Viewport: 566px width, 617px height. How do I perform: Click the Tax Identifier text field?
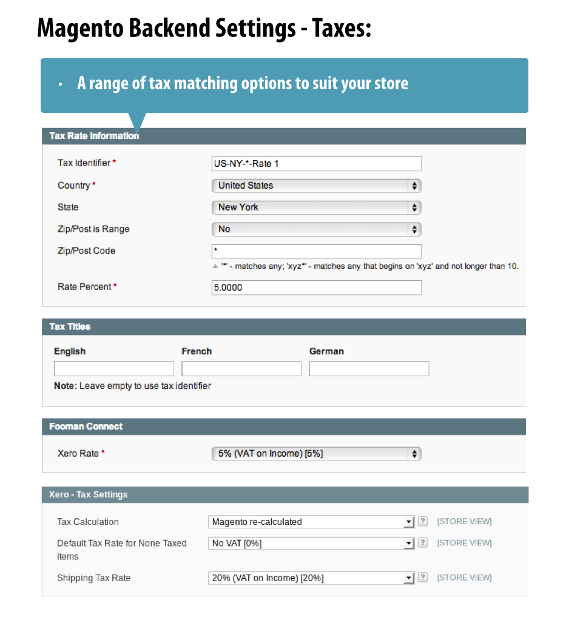click(x=316, y=164)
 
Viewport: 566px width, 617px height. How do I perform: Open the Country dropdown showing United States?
click(x=316, y=186)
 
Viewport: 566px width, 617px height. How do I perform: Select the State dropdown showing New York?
click(x=316, y=207)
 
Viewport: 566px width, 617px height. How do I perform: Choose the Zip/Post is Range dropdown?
click(x=316, y=229)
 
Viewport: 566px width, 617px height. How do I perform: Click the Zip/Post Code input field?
click(x=316, y=251)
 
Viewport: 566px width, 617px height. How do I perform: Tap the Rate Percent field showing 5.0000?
click(x=316, y=288)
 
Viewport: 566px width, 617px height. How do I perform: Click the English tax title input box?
click(x=113, y=369)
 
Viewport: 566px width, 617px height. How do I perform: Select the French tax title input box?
click(x=241, y=369)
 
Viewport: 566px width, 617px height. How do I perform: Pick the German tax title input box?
click(x=369, y=369)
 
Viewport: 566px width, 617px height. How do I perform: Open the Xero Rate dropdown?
click(x=316, y=454)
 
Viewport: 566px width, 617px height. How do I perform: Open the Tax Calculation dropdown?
click(x=311, y=522)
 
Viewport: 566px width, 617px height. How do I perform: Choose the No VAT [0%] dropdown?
click(x=311, y=544)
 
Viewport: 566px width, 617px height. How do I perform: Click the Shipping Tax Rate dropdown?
click(x=311, y=578)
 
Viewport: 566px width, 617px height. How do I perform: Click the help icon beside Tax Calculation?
click(x=423, y=521)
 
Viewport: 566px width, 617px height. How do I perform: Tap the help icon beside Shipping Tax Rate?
click(x=423, y=578)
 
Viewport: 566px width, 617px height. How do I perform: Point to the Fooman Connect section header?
click(x=86, y=427)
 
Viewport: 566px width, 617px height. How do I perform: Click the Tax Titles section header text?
click(x=70, y=326)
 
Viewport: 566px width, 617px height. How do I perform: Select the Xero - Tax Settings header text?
click(x=89, y=494)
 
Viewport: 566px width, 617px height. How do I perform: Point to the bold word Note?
click(x=65, y=386)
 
